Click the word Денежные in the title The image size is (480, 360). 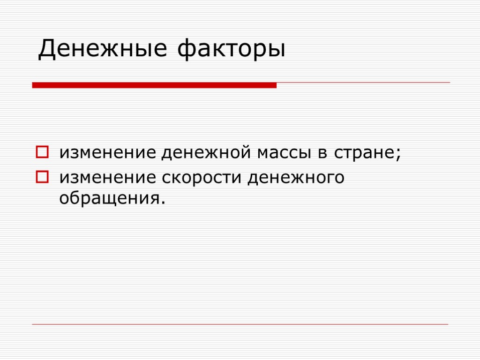tap(102, 49)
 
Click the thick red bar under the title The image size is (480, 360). tap(154, 85)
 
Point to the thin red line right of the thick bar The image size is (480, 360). tap(363, 82)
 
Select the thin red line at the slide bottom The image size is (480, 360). tap(240, 324)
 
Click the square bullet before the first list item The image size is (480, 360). tap(41, 153)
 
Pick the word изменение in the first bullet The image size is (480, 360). tap(108, 153)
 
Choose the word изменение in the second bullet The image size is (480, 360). tap(108, 178)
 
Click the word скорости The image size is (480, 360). tap(203, 178)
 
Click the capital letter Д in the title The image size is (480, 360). tap(47, 49)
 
